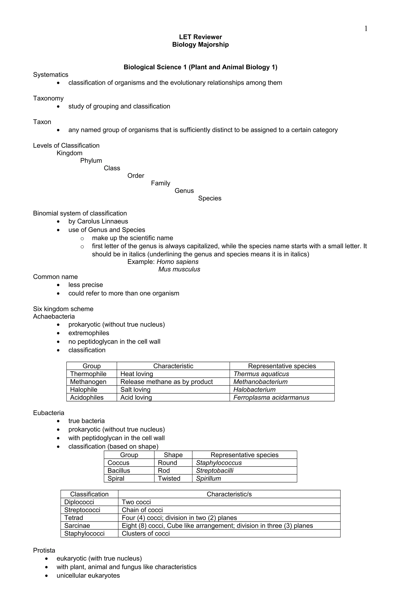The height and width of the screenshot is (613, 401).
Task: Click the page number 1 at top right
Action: tap(366, 29)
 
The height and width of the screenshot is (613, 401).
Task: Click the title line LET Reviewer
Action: tap(200, 37)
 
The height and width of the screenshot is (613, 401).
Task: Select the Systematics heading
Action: tap(51, 75)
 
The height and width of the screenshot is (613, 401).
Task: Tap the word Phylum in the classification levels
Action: tap(91, 160)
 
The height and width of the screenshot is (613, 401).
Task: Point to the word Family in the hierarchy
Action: tap(160, 183)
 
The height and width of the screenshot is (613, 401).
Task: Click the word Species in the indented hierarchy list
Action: tap(210, 198)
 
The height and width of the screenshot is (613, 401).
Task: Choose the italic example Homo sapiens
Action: tap(177, 262)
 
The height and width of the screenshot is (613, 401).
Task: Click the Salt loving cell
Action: tap(135, 389)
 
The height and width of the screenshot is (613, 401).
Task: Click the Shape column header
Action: tap(173, 455)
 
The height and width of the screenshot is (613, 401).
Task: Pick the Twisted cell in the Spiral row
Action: tap(169, 478)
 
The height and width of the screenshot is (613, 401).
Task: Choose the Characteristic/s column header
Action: tap(229, 494)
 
